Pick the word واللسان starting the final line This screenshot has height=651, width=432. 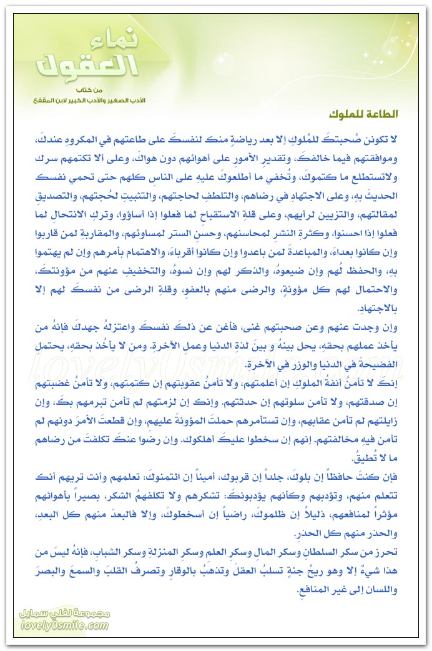(392, 587)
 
